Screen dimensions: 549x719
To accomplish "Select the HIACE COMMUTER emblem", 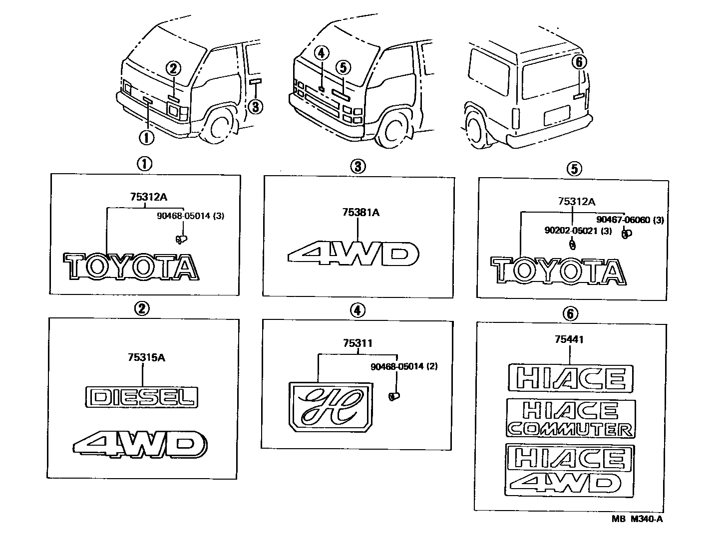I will [571, 418].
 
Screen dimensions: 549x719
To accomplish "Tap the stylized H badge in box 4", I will [330, 406].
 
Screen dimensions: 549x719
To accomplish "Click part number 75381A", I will [361, 213].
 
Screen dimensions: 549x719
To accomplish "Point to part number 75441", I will [569, 340].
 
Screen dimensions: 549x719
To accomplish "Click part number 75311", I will [358, 343].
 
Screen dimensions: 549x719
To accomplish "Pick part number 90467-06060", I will [630, 220].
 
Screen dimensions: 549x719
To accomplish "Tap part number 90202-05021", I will [577, 231].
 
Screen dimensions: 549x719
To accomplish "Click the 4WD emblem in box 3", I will [353, 254].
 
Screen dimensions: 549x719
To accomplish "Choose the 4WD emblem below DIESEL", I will [140, 443].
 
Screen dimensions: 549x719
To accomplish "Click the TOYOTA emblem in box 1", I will [131, 267].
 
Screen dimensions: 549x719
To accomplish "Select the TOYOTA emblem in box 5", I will [558, 272].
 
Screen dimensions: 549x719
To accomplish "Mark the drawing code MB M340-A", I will [637, 519].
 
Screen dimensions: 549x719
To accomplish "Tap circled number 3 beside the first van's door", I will [255, 106].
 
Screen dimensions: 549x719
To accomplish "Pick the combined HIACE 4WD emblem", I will [570, 470].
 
